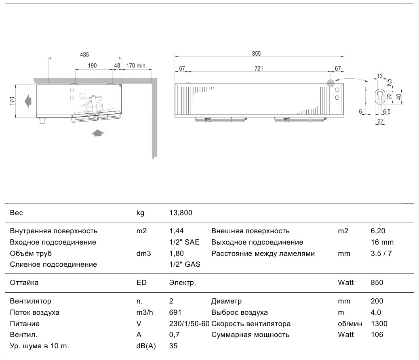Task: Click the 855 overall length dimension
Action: [256, 54]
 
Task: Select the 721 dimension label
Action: [259, 69]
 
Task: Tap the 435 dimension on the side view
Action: [84, 55]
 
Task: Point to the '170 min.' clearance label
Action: [137, 66]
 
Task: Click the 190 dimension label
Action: [92, 66]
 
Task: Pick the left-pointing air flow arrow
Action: [28, 101]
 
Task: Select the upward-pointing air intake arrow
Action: [97, 133]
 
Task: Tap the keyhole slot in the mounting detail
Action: [380, 96]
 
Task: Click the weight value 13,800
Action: [181, 213]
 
